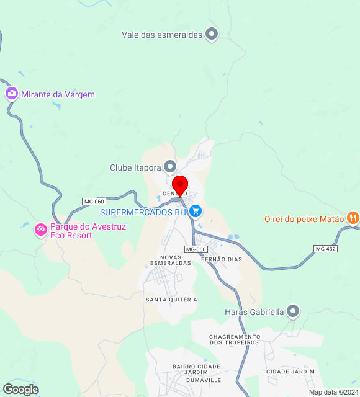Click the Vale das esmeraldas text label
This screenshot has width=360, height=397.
tap(162, 35)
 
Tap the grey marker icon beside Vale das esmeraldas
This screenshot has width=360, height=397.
tap(212, 34)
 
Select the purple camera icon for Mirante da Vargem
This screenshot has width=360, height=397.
tap(11, 94)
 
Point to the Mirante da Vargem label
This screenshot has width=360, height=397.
tap(58, 94)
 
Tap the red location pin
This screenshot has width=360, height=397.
tap(180, 185)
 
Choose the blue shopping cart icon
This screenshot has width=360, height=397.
tap(196, 212)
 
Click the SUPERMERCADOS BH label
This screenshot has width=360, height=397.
tap(143, 212)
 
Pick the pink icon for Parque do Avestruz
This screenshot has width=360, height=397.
tap(40, 231)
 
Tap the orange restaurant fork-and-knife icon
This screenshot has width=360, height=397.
tap(353, 218)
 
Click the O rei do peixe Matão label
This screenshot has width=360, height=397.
tap(304, 218)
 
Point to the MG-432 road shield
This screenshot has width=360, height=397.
tap(325, 248)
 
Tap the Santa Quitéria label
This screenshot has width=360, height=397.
tap(171, 300)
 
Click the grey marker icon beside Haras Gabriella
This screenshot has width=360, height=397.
tap(294, 311)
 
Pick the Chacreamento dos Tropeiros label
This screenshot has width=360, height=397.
tap(234, 340)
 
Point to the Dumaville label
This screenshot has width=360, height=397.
tap(204, 380)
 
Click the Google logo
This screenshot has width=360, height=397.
tap(20, 390)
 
